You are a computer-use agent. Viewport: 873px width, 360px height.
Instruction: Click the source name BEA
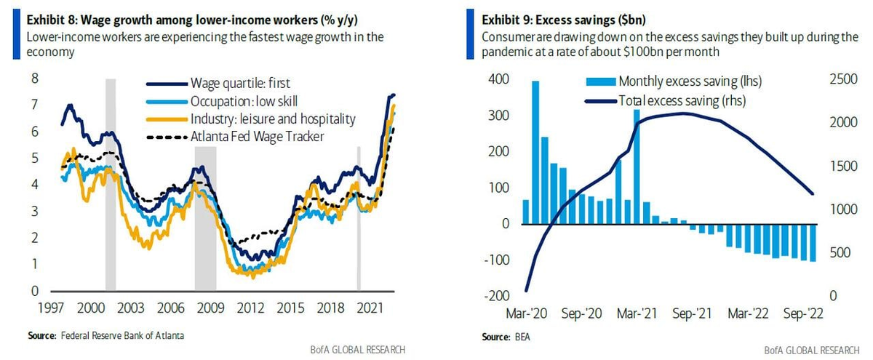pyautogui.click(x=521, y=338)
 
